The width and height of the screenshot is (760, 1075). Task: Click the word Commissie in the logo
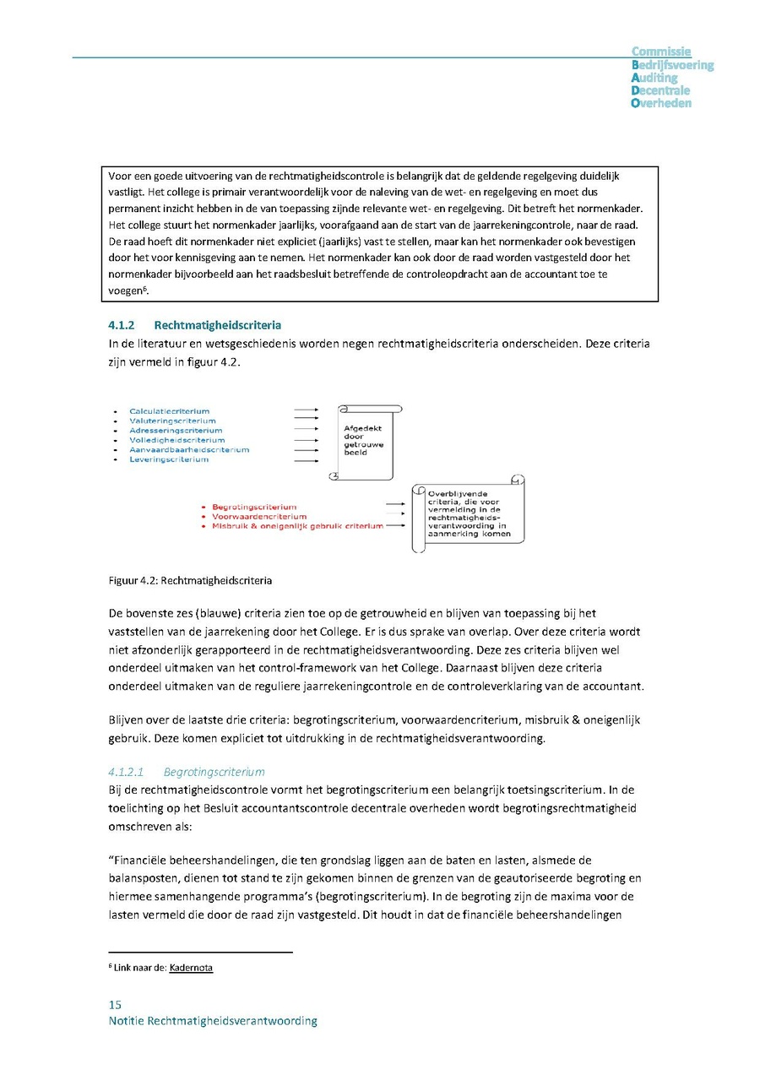[661, 52]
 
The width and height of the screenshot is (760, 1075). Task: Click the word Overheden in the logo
[661, 103]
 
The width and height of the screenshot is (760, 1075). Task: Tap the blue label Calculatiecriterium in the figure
[169, 411]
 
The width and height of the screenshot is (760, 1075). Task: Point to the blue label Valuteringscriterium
[172, 421]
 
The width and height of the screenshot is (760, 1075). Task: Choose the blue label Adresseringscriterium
[176, 431]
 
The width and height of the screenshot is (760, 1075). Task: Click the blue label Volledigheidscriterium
[176, 440]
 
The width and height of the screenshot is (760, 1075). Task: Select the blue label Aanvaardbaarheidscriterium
[189, 450]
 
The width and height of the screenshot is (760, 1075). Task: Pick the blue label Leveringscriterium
[169, 459]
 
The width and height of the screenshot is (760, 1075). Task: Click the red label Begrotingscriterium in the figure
[254, 507]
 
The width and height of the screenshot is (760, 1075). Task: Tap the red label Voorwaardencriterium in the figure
[259, 516]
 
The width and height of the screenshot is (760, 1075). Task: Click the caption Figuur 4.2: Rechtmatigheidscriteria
[190, 581]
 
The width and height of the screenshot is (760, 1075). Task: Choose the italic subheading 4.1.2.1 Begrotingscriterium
[186, 772]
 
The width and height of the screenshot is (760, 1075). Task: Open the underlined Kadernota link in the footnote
[191, 968]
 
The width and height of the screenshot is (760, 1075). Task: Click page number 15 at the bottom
[115, 1004]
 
